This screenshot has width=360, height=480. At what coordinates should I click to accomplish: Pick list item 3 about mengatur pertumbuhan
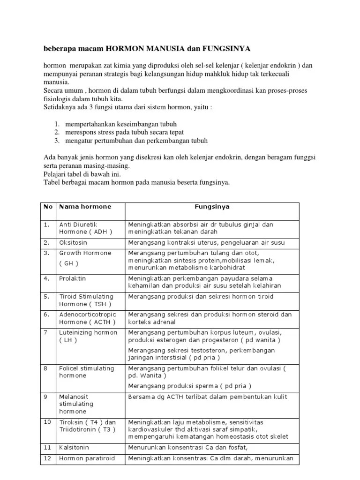(130, 141)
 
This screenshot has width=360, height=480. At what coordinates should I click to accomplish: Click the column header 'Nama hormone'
(85, 207)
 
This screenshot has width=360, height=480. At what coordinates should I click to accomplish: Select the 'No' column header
(47, 207)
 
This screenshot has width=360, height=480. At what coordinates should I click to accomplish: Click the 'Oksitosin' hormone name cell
(73, 243)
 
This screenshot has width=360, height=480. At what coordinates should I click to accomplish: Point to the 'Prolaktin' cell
(72, 278)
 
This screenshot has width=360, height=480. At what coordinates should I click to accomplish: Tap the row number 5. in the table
(46, 297)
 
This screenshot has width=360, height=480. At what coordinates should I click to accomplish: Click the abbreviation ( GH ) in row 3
(69, 263)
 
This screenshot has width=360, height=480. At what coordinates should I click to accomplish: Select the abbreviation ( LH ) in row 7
(68, 340)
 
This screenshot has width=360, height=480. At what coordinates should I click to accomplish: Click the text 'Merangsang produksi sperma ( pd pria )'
(189, 386)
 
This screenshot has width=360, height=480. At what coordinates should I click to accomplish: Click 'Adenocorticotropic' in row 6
(87, 315)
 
